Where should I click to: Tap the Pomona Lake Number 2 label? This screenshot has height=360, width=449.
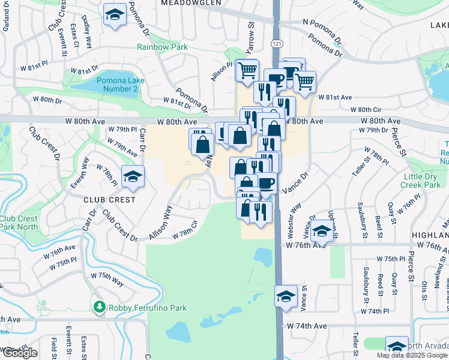coord(118,85)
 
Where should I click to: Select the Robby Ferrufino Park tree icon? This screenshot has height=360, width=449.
coord(100,308)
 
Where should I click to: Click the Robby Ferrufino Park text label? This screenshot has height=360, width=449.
coord(148,308)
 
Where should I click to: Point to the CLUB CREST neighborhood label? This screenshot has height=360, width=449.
coord(109,199)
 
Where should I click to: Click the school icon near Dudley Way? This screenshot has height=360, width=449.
coord(113,15)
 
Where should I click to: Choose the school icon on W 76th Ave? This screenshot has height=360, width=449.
coord(322,230)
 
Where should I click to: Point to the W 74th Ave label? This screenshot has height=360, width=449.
coord(307,326)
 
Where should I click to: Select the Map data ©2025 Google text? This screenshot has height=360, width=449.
coord(412,355)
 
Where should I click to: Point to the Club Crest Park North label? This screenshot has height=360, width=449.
coord(19,223)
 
